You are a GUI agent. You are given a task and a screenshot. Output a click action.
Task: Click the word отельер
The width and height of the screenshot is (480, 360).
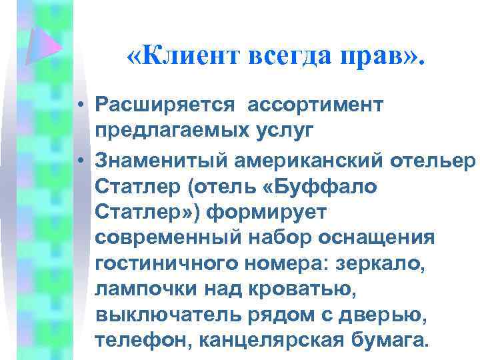tap(433, 161)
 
